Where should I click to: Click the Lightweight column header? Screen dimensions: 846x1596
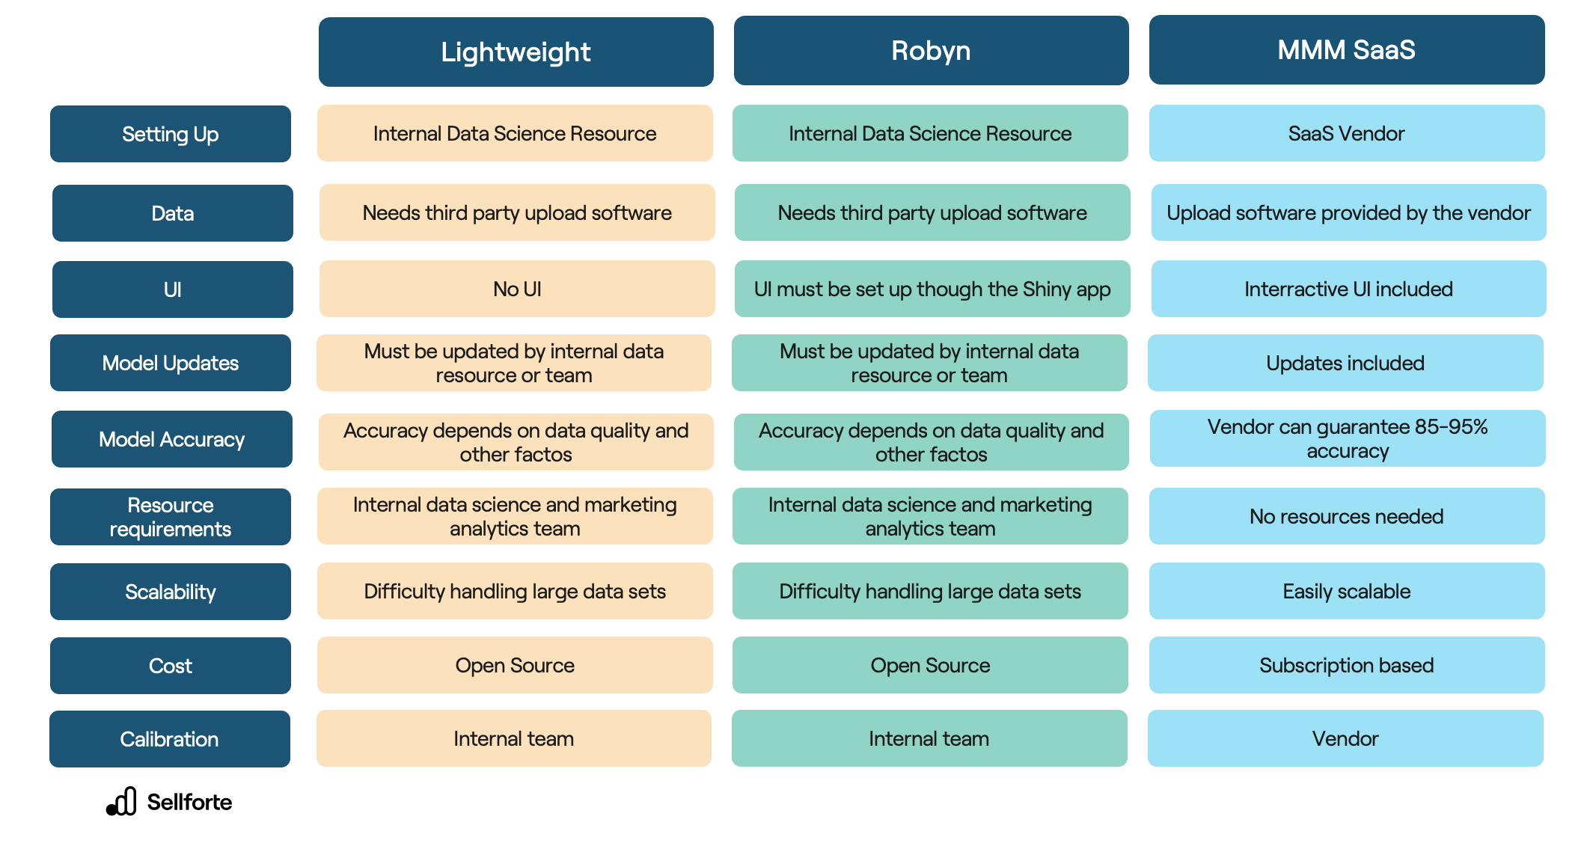click(x=516, y=52)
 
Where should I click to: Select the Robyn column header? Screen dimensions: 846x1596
click(x=931, y=50)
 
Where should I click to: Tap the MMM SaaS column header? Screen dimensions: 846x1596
click(x=1346, y=49)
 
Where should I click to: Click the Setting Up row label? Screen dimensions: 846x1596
click(x=170, y=134)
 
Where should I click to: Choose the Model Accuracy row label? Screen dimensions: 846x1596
click(x=171, y=439)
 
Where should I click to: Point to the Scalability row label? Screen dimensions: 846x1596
click(x=170, y=592)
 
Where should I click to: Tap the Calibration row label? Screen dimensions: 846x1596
click(x=169, y=739)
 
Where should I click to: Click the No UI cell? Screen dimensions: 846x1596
click(x=516, y=289)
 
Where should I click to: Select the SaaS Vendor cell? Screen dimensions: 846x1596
click(x=1346, y=133)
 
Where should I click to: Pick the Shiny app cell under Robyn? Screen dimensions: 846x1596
click(x=932, y=289)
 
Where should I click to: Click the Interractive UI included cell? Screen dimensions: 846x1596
click(x=1348, y=289)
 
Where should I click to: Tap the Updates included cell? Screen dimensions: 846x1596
click(x=1345, y=363)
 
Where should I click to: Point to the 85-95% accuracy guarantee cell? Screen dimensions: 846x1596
click(x=1347, y=438)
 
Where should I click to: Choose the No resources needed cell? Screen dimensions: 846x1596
click(x=1346, y=516)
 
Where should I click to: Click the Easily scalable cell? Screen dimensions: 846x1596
click(x=1346, y=591)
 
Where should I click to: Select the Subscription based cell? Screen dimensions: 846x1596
click(x=1346, y=665)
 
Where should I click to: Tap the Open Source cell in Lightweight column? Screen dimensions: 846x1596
click(x=515, y=665)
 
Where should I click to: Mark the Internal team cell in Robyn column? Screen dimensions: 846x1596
click(x=929, y=738)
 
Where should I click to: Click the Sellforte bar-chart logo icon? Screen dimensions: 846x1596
click(x=122, y=801)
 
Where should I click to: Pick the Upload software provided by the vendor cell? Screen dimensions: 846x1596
click(x=1348, y=212)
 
